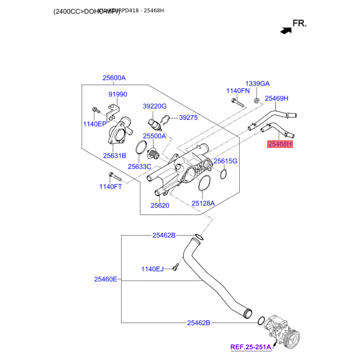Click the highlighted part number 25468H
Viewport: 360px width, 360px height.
pos(280,144)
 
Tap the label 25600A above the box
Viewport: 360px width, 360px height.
pos(114,78)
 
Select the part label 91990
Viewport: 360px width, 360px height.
pos(118,94)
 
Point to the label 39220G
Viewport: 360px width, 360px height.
pos(155,106)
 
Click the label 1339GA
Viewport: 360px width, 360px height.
pos(257,84)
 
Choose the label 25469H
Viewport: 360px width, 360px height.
pos(276,98)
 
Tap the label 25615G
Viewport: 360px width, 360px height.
pos(225,161)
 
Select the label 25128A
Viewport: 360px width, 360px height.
pos(203,203)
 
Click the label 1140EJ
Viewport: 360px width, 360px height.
pos(153,269)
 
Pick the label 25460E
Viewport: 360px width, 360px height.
pos(106,279)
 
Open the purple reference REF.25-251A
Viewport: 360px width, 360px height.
pos(251,347)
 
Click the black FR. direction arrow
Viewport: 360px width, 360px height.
pos(284,31)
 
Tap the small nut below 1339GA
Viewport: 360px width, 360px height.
pos(256,100)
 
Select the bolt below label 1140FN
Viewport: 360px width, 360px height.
pos(237,102)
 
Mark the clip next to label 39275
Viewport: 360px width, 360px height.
pos(166,120)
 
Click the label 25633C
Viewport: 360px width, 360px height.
pos(139,166)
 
